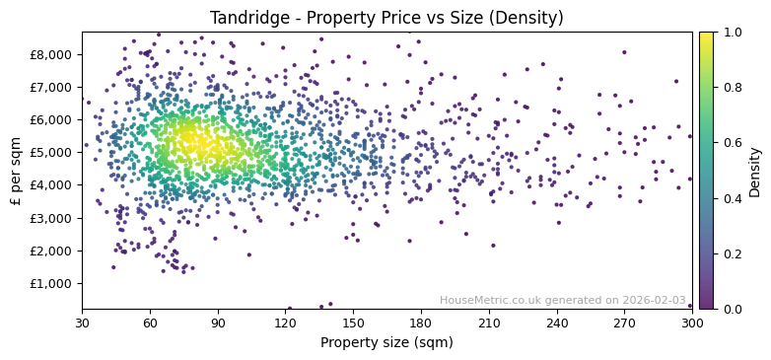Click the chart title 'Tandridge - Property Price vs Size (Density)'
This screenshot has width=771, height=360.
[386, 18]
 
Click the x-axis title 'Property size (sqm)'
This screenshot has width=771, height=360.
[386, 343]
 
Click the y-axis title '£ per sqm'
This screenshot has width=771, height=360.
[16, 171]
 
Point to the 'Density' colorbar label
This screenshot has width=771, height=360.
[754, 171]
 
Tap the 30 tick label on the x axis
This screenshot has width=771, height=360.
[82, 323]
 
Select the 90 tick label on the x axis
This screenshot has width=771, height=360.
[218, 323]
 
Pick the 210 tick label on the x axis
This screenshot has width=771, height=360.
[489, 323]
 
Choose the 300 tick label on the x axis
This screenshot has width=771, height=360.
[692, 323]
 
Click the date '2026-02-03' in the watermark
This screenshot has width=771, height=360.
[655, 300]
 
